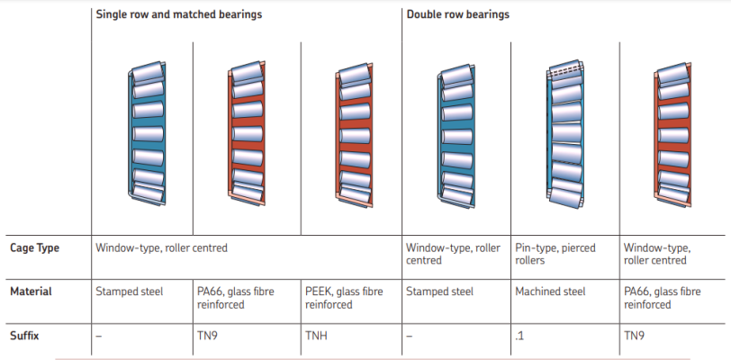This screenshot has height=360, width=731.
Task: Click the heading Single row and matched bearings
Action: pyautogui.click(x=180, y=15)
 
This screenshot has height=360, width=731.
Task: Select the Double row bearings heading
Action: pyautogui.click(x=458, y=15)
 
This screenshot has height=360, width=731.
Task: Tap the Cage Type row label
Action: pyautogui.click(x=34, y=247)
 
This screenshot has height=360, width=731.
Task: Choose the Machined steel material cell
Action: pyautogui.click(x=550, y=292)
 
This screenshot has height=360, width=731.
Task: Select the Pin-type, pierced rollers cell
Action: pyautogui.click(x=555, y=254)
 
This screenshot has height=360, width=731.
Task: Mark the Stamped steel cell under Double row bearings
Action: pyautogui.click(x=439, y=292)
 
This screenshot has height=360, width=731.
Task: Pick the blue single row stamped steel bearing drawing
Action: pyautogui.click(x=146, y=133)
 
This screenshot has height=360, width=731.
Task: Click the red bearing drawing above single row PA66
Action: pyautogui.click(x=247, y=133)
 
